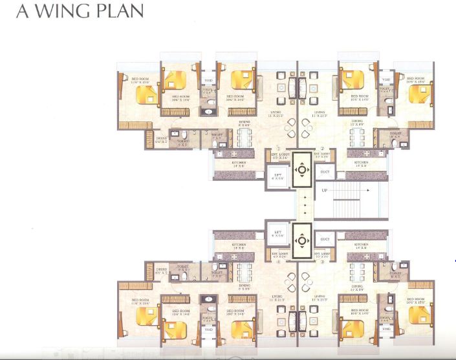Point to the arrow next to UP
364,190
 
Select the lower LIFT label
277,233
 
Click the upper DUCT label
325,171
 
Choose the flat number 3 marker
321,262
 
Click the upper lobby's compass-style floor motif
301,171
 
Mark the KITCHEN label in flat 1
239,164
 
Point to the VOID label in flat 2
385,80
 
